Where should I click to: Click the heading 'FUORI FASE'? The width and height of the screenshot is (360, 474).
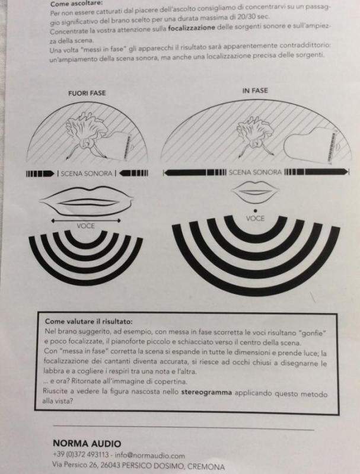(87, 93)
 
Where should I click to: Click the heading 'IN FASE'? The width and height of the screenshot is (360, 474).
(255, 90)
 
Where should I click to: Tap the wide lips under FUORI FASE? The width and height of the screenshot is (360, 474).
(86, 201)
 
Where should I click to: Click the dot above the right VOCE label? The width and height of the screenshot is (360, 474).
(256, 211)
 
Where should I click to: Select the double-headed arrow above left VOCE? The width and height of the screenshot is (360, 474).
(86, 220)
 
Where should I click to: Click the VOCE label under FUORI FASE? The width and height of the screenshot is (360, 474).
(85, 226)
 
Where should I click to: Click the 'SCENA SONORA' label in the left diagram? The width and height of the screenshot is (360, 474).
(87, 174)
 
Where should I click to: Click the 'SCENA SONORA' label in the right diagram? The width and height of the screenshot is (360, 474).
(256, 172)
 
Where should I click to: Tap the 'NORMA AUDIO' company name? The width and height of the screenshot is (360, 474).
(87, 443)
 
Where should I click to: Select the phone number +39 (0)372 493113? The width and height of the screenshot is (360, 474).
(81, 454)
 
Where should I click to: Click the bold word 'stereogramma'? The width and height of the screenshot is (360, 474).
(206, 392)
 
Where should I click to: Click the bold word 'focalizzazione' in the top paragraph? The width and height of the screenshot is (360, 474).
(192, 28)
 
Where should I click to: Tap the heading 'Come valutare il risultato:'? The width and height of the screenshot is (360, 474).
(88, 321)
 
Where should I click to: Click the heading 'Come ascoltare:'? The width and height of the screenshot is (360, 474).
(77, 4)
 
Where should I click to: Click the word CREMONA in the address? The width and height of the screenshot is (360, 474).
(206, 466)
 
